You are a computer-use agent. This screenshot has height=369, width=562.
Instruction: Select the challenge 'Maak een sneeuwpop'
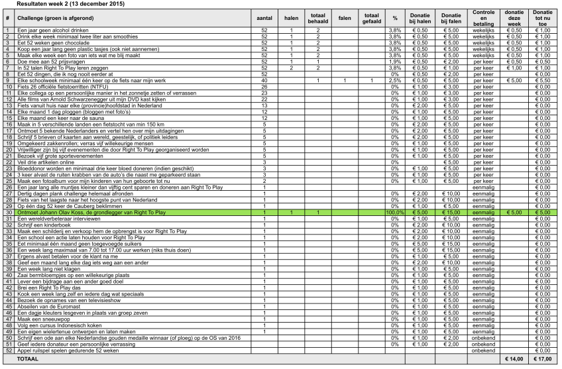pos(41,320)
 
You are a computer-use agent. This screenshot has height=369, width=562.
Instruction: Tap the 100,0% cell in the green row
pos(394,213)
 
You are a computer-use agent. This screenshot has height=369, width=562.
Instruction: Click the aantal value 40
pos(264,81)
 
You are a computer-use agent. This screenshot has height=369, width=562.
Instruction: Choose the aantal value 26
pos(264,86)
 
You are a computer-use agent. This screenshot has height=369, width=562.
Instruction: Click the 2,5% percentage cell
pos(394,81)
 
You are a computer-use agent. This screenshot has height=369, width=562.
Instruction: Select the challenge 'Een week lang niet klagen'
pos(48,269)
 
